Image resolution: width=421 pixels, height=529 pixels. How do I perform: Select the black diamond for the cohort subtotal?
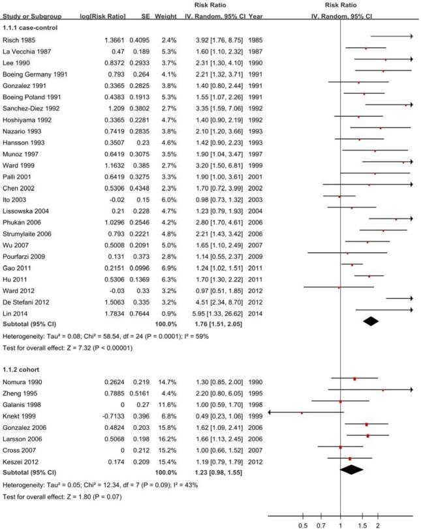point(352,468)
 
